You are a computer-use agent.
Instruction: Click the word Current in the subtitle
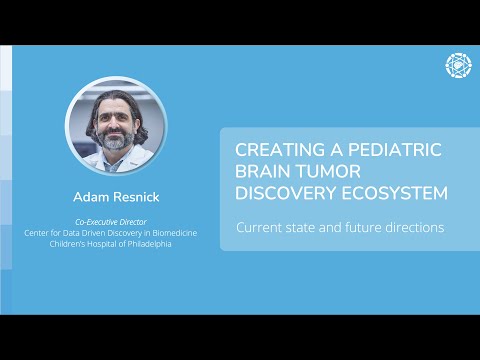(x=259, y=227)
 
